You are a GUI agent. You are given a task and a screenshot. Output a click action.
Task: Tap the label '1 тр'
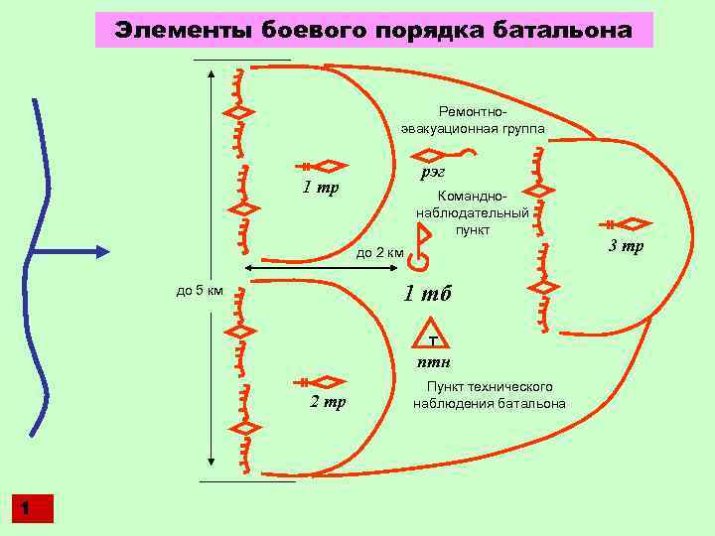click(322, 188)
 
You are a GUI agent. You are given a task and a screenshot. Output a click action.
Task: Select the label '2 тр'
click(328, 402)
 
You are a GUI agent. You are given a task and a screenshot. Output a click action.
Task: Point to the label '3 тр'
click(626, 245)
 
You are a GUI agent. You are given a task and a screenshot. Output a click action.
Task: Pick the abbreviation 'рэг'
click(432, 172)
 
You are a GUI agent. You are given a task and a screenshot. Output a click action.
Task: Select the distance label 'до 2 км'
click(379, 253)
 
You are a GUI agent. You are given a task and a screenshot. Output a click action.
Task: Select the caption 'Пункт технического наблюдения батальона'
click(490, 394)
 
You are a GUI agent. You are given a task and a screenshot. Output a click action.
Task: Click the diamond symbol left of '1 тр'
click(330, 166)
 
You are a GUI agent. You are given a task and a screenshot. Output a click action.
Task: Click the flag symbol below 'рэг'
click(421, 249)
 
